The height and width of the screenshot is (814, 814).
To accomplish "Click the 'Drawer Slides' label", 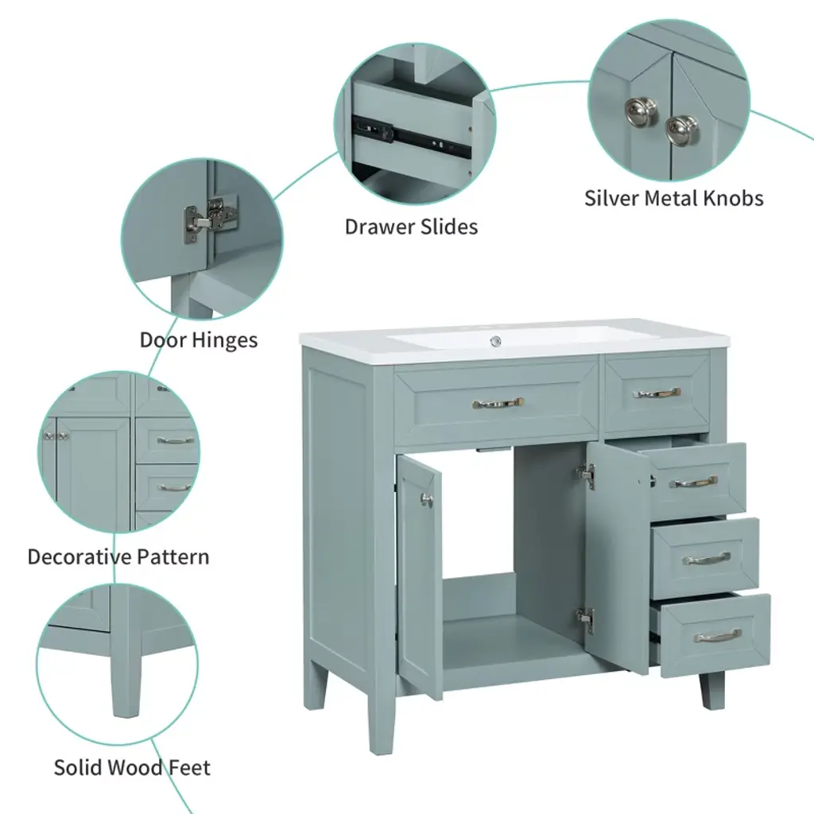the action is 411,227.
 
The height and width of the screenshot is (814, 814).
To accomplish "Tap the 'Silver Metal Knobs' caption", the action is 674,198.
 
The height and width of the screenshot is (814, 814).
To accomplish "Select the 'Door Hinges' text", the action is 199,340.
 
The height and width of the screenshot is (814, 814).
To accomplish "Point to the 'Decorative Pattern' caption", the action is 118,556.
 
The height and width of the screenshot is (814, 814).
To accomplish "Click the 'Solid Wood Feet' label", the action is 133,767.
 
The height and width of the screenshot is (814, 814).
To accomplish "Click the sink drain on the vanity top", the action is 496,341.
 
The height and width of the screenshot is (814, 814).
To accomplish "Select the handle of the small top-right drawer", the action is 657,393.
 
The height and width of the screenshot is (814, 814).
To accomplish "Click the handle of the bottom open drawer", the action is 718,635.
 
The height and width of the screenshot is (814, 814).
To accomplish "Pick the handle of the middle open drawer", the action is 706,559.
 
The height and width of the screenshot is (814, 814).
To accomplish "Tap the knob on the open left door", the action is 427,500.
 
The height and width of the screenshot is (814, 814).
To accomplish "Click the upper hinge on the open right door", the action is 586,475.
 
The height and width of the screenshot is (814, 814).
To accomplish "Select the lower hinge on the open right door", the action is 585,620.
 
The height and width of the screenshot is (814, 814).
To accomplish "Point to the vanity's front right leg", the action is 712,691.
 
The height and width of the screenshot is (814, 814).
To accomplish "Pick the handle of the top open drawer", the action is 693,483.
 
